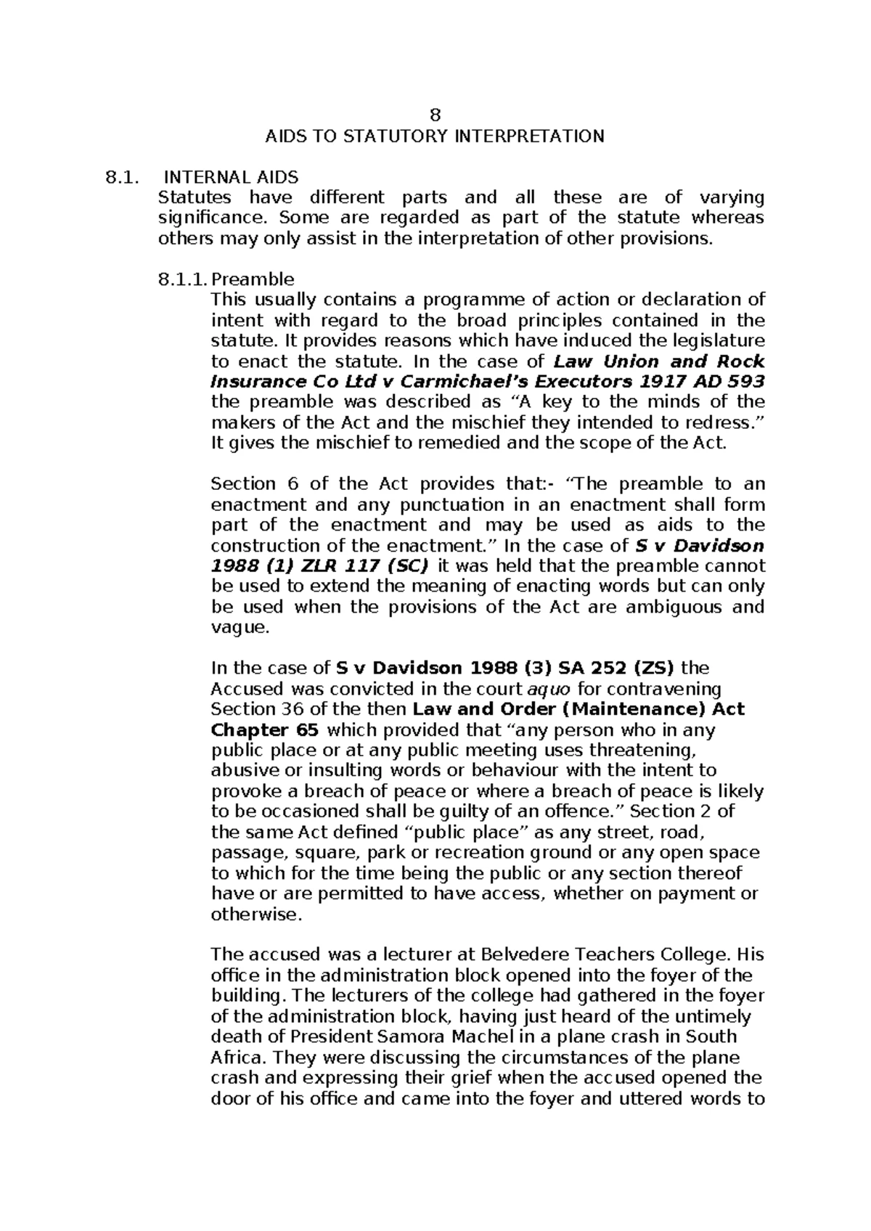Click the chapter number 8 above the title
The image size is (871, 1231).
tap(435, 115)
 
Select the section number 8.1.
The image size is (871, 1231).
tap(118, 177)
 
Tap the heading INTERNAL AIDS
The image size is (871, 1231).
tap(231, 177)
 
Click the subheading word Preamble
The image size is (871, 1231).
tap(253, 279)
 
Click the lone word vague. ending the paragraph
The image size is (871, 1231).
tap(240, 628)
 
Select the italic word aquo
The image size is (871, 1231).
tap(547, 688)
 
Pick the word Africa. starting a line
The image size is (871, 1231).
tap(236, 1057)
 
